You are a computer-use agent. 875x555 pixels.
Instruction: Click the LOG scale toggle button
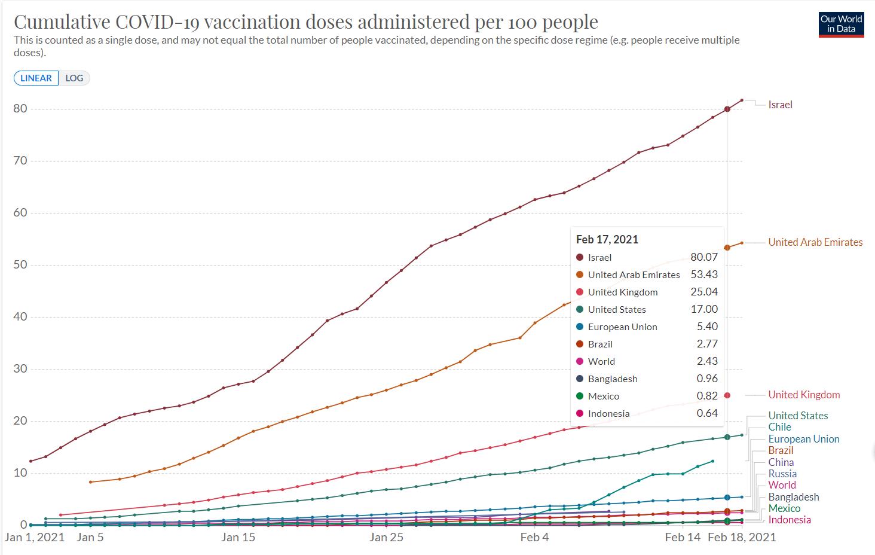(74, 78)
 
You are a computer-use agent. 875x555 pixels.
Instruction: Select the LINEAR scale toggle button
(36, 78)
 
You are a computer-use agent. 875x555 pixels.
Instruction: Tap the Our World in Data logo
(841, 24)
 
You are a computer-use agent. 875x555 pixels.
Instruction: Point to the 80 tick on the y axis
(20, 109)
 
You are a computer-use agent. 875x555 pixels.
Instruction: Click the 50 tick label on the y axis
(20, 265)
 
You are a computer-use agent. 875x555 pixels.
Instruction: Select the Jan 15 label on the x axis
(238, 537)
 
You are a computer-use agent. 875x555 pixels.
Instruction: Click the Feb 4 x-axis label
(534, 537)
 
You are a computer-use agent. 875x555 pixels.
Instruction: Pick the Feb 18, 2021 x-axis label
(742, 537)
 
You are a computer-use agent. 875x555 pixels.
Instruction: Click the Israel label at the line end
(780, 105)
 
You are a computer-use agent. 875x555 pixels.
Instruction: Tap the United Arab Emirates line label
(815, 242)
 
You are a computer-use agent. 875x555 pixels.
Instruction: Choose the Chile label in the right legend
(779, 427)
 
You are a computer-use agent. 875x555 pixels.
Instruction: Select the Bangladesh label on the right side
(794, 497)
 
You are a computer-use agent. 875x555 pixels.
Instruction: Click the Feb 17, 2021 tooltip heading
(607, 240)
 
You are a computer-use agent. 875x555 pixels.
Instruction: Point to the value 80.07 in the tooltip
(704, 257)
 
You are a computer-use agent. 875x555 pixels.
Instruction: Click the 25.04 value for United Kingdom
(704, 292)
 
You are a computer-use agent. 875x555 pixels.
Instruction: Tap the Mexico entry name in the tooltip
(604, 397)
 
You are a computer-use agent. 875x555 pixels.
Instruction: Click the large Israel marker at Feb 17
(727, 109)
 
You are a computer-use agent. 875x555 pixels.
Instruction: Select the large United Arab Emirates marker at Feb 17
(727, 248)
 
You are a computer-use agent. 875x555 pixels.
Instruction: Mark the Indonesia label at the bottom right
(790, 520)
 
